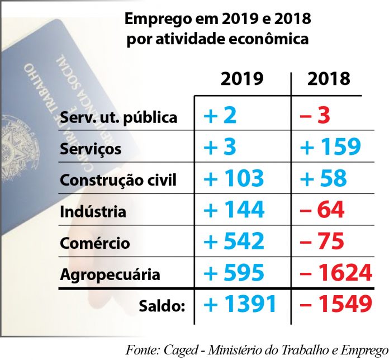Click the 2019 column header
pyautogui.click(x=241, y=79)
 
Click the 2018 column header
pyautogui.click(x=329, y=79)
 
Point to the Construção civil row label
pyautogui.click(x=118, y=181)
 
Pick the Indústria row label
pyautogui.click(x=93, y=212)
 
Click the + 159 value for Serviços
pyautogui.click(x=330, y=147)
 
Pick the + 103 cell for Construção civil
pyautogui.click(x=234, y=178)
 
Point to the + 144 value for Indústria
pyautogui.click(x=234, y=210)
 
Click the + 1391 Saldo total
pyautogui.click(x=240, y=305)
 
